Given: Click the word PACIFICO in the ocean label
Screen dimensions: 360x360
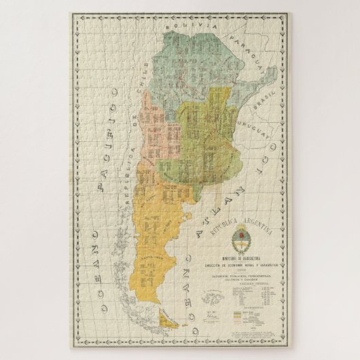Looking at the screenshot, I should coord(107,149).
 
